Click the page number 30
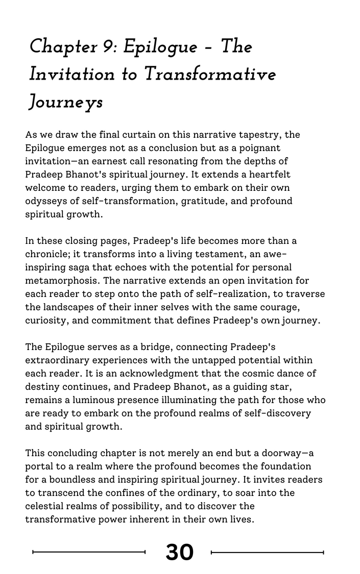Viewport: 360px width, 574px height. coord(179,552)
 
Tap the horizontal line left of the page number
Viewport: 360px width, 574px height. coord(89,552)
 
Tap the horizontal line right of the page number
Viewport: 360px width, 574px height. coord(267,552)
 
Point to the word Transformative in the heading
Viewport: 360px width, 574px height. coord(210,74)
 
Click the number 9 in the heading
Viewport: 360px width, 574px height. coord(109,47)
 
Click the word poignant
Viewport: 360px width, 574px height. coord(269,148)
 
